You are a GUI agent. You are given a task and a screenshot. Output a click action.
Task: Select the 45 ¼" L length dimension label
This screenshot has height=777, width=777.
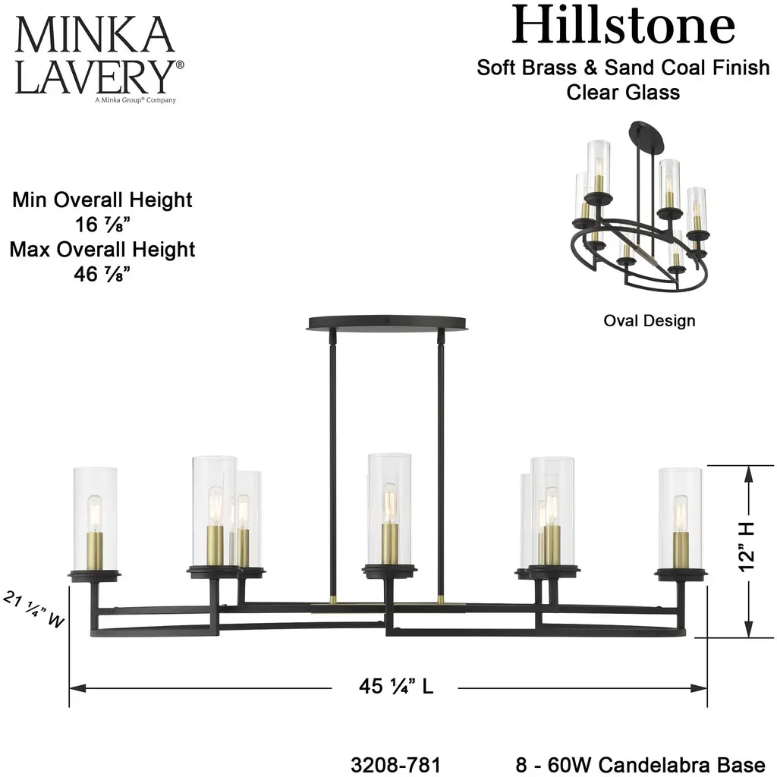coord(396,687)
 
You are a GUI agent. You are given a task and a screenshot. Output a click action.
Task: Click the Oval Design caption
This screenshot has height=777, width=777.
coord(649,320)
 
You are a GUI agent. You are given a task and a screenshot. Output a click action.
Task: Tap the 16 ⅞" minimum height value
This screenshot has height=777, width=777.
coord(102,225)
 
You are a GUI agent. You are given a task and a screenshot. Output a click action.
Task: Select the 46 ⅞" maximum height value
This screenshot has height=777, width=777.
coord(102,273)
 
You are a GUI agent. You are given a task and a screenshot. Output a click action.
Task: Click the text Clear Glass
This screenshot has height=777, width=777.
coord(623,93)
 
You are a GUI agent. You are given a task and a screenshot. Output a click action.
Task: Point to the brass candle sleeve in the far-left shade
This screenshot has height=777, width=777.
coord(95,549)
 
